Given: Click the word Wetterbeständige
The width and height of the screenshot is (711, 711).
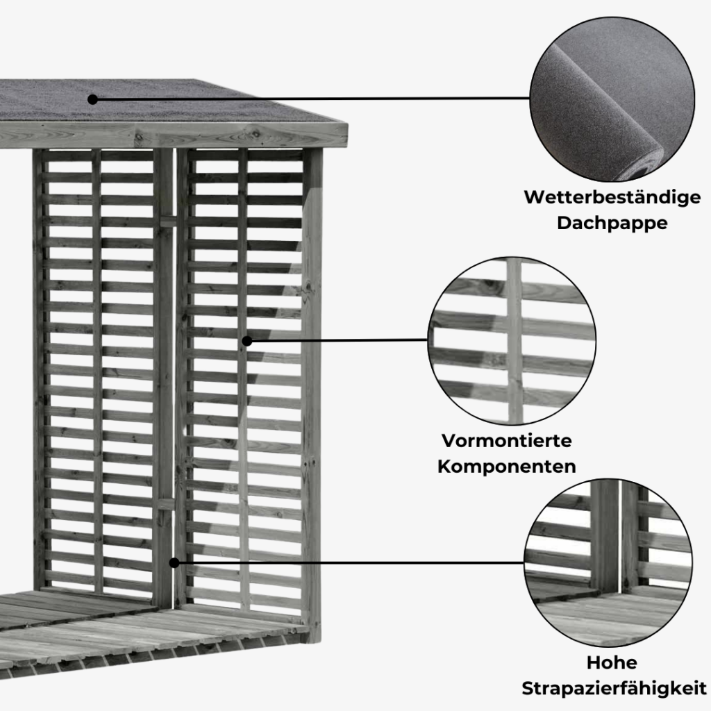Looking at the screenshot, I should coord(612,197).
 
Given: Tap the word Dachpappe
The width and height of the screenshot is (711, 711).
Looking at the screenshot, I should coord(612,224).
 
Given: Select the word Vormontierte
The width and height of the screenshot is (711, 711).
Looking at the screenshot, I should coord(506,440).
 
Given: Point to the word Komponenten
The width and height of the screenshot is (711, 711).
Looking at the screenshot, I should coord(506,465).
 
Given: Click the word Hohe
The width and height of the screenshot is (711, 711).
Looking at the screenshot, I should coord(611,662).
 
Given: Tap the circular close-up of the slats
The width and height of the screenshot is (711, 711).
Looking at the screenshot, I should coord(511,341).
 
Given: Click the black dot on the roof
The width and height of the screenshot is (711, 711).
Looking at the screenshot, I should coord(92,99).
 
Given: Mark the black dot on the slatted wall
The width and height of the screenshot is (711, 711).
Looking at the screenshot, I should coord(247,341).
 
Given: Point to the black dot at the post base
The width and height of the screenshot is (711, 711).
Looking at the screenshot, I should coord(174,562).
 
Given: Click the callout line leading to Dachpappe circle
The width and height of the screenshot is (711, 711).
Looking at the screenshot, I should coord(312,99).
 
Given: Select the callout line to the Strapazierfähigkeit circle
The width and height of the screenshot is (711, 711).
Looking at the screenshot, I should coord(347,562).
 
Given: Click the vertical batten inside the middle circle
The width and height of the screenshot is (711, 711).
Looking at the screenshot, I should coord(514,341).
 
